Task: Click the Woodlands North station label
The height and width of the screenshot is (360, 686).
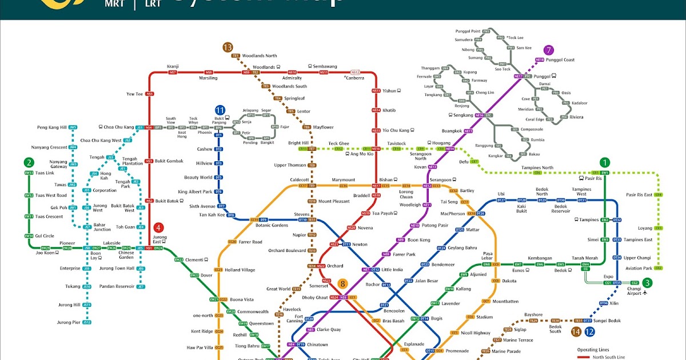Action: pyautogui.click(x=259, y=56)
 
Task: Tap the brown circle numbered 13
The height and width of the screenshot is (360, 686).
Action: pyautogui.click(x=228, y=47)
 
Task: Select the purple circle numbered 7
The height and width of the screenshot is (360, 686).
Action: pyautogui.click(x=549, y=50)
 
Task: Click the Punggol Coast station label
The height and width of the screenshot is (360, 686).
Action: pyautogui.click(x=561, y=60)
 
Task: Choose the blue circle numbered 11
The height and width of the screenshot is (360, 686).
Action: pyautogui.click(x=220, y=110)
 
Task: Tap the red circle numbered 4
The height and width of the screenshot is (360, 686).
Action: pyautogui.click(x=159, y=227)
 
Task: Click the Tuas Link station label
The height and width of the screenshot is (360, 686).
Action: pyautogui.click(x=45, y=173)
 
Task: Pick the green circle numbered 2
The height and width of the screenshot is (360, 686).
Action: pyautogui.click(x=29, y=162)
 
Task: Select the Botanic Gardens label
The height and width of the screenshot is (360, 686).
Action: pyautogui.click(x=272, y=226)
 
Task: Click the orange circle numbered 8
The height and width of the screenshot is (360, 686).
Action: pyautogui.click(x=342, y=283)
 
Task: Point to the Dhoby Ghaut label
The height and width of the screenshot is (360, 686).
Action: pyautogui.click(x=314, y=298)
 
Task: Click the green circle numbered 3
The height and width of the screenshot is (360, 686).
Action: pyautogui.click(x=647, y=282)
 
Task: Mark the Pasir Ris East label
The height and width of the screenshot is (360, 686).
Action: pyautogui.click(x=639, y=195)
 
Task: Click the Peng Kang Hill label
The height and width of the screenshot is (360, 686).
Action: pyautogui.click(x=52, y=127)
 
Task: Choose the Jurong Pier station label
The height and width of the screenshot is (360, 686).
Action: pyautogui.click(x=68, y=322)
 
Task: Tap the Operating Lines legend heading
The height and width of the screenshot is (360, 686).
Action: pyautogui.click(x=593, y=349)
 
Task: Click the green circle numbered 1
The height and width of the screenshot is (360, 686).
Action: pyautogui.click(x=605, y=162)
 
